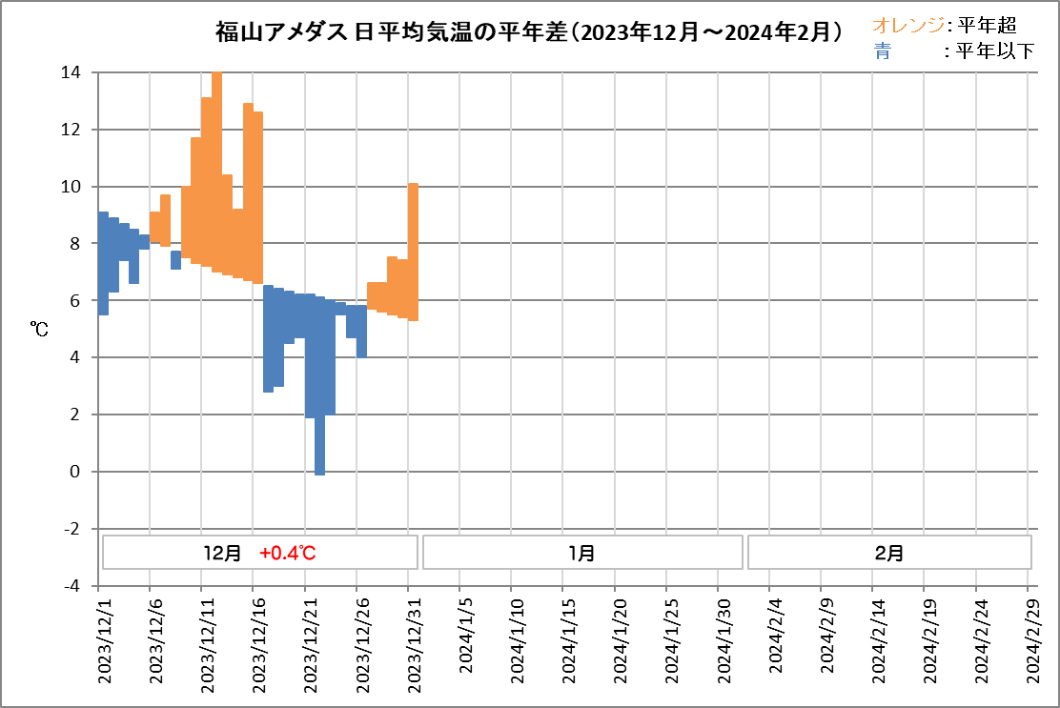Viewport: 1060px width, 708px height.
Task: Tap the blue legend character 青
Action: (x=882, y=52)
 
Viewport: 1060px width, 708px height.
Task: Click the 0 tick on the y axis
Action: (x=77, y=472)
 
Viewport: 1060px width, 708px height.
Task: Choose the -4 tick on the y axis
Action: (x=73, y=586)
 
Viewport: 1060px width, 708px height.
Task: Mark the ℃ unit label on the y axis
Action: (x=40, y=329)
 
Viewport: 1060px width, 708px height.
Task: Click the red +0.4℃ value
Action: (x=288, y=553)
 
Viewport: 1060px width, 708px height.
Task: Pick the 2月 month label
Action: (x=888, y=553)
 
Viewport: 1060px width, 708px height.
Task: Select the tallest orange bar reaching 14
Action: (x=217, y=172)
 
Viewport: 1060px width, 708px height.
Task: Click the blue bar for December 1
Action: (x=103, y=263)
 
